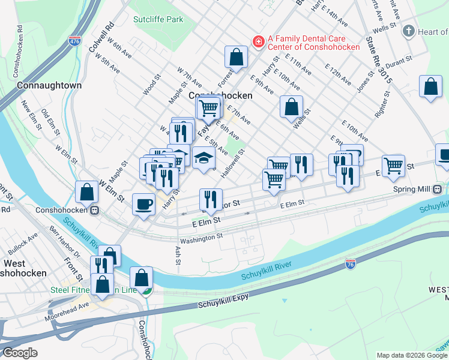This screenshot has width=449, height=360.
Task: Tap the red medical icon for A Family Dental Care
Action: coord(259,41)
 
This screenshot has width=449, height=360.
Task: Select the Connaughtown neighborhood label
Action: coord(49,85)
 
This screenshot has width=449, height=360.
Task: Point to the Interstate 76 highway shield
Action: coord(351,263)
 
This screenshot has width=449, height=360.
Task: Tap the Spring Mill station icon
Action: coord(437,189)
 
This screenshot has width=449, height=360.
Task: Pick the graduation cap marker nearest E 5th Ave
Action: coord(204,158)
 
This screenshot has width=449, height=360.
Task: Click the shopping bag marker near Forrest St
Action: coord(237,57)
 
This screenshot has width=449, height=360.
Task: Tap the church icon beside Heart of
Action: coord(408,31)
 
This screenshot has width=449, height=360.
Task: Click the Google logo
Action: coord(20,353)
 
